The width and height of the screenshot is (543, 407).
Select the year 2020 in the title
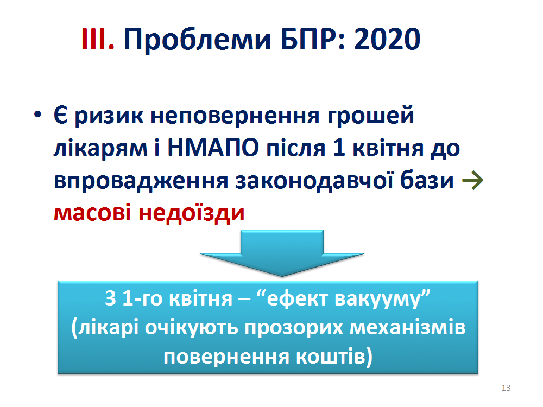click(387, 39)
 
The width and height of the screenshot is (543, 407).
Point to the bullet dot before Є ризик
click(37, 115)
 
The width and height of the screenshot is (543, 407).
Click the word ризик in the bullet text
click(109, 116)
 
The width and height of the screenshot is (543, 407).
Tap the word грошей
click(371, 116)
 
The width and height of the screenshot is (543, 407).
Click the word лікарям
click(100, 149)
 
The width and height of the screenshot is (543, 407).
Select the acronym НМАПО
click(213, 148)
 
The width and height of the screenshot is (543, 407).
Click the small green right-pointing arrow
click(472, 180)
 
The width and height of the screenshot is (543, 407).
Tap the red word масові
click(92, 213)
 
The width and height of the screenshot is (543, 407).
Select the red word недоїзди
click(192, 213)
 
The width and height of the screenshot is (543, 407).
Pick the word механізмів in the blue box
click(408, 327)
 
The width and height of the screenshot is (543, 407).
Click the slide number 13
click(506, 388)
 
